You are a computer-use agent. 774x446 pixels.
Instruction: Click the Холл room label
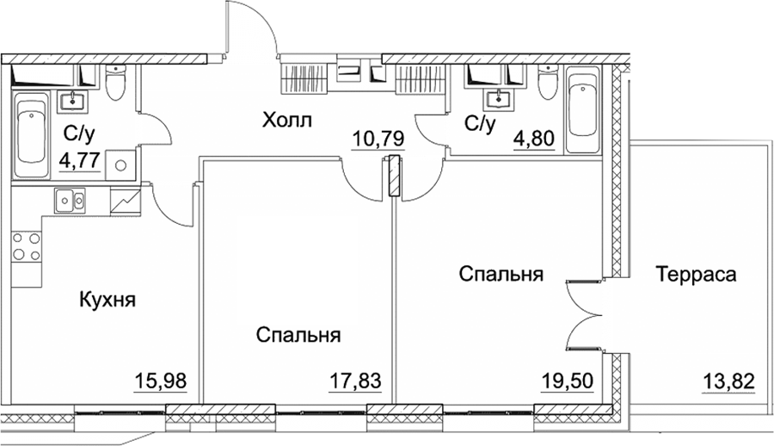coord(286,121)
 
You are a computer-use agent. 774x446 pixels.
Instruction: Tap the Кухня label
coord(107,300)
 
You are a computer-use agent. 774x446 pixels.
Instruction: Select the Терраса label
coord(696,274)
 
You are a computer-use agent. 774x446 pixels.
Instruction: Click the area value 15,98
coord(161,381)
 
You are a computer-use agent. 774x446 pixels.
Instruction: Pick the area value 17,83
coord(355,381)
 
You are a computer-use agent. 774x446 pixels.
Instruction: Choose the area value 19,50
coord(568,381)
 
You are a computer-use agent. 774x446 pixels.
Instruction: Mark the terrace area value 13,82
coord(728,381)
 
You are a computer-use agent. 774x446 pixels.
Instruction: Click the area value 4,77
coord(80,160)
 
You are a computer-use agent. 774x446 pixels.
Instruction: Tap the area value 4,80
coord(534,139)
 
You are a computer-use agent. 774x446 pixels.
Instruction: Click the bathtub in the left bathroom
coord(32,136)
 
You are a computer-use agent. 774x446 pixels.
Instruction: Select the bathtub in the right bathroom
coord(583,109)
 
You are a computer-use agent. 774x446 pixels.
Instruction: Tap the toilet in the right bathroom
coord(548,82)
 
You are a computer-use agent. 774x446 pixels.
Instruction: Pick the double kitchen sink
coord(70,200)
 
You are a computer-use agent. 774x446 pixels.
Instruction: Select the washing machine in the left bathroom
coord(121,165)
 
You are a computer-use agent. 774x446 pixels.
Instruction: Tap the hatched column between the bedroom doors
coord(393,177)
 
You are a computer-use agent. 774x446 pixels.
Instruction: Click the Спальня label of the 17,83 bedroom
coord(298,335)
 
